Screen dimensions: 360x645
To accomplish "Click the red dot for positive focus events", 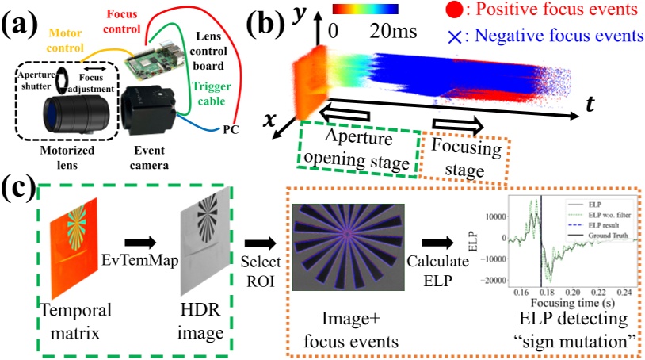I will [x=454, y=11].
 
